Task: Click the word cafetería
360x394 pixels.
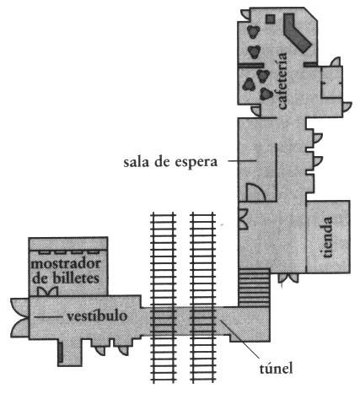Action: pos(282,80)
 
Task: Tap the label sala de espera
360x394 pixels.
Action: pos(170,162)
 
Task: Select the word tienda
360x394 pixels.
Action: pos(327,237)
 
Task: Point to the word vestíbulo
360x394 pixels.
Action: pos(97,316)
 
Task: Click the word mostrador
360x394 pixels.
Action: pos(66,263)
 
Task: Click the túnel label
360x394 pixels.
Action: pos(276,368)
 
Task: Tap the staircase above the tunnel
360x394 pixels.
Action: pos(255,288)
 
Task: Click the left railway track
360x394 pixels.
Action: pos(164,297)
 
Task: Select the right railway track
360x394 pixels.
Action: pos(203,297)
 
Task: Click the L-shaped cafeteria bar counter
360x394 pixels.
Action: pos(296,32)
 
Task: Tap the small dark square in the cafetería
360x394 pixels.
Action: pos(271,19)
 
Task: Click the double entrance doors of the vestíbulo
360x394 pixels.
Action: pos(19,317)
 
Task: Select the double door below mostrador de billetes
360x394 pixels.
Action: pos(47,291)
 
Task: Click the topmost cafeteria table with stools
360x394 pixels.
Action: pos(253,32)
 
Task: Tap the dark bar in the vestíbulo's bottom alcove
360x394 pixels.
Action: pos(61,352)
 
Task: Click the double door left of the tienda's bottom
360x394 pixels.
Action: pos(287,278)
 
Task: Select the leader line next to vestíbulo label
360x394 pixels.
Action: pos(48,316)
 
